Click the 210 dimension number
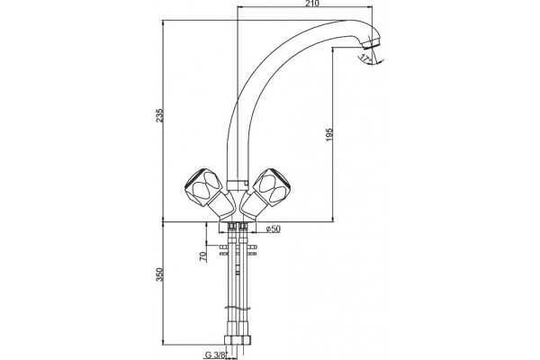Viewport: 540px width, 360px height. tap(312, 4)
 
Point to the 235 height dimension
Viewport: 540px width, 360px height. tap(159, 116)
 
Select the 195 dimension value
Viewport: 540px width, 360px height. tap(329, 135)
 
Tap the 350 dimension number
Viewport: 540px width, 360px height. tap(159, 274)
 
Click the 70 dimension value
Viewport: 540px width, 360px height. tap(203, 256)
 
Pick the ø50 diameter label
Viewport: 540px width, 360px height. tap(273, 229)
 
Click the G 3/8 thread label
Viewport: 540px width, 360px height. tap(215, 355)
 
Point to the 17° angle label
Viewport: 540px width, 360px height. tap(365, 58)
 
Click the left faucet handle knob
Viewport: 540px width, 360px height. tap(202, 187)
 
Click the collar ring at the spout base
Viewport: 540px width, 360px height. tap(238, 184)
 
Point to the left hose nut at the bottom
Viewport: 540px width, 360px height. tap(229, 339)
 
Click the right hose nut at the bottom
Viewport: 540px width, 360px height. tap(246, 339)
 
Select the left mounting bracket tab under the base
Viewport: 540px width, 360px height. tap(223, 250)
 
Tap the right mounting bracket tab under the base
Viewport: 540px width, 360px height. tap(252, 250)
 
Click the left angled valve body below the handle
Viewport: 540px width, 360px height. tap(221, 206)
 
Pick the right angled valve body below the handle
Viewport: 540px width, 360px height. tap(252, 206)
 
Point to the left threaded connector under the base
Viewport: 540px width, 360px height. tap(232, 226)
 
